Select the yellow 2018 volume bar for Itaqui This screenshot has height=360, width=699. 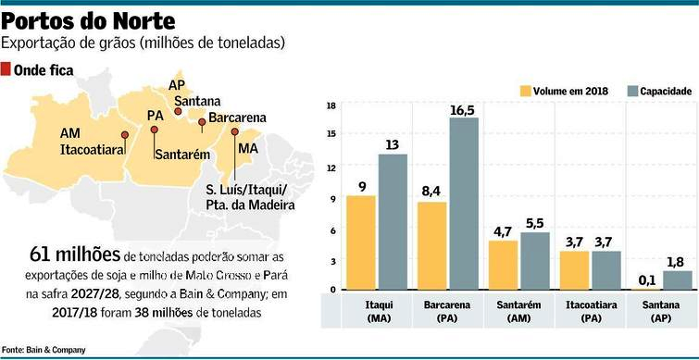[361, 242]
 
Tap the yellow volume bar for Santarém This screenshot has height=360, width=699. [504, 265]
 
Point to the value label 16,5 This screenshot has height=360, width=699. [462, 110]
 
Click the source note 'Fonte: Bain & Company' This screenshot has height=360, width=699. [44, 349]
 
